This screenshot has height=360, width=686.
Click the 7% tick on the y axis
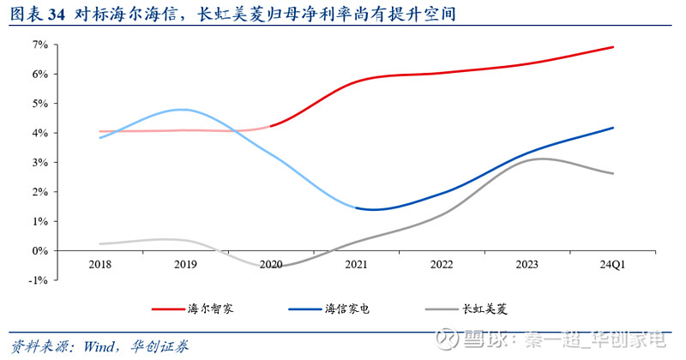click(40, 45)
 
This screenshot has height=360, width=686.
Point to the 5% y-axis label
click(40, 104)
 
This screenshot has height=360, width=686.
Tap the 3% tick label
click(40, 163)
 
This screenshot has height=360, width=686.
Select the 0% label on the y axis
click(40, 251)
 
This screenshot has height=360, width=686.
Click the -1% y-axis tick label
click(39, 280)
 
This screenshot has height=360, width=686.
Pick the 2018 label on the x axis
click(100, 266)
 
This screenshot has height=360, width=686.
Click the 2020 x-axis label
click(271, 266)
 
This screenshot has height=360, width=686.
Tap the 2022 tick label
click(442, 266)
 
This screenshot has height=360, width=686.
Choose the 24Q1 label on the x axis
click(612, 266)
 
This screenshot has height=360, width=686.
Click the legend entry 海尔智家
click(209, 308)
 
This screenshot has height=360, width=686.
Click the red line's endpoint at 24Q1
click(613, 47)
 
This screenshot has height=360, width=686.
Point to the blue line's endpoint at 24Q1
click(613, 128)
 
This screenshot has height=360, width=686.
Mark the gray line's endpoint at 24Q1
click(613, 173)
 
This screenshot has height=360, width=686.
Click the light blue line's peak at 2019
click(183, 110)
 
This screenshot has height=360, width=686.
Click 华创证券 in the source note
click(160, 346)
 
